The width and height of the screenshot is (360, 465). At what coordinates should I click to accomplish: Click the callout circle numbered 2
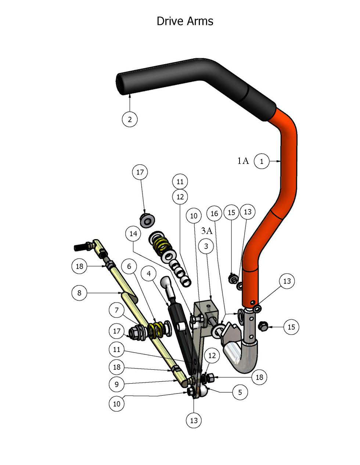[x=130, y=119]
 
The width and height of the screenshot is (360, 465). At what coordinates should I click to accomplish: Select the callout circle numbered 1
[x=262, y=161]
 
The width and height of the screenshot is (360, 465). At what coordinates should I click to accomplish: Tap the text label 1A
[x=243, y=161]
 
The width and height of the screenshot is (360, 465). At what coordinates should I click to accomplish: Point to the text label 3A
[x=207, y=231]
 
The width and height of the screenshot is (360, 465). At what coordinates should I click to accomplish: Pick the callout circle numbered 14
[x=133, y=233]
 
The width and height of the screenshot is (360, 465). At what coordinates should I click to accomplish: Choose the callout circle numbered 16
[x=215, y=213]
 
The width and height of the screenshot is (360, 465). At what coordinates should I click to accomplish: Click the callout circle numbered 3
[x=206, y=246]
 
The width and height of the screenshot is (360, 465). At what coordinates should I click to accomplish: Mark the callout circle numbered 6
[x=129, y=267]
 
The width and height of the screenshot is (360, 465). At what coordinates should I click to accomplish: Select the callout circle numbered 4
[x=149, y=274]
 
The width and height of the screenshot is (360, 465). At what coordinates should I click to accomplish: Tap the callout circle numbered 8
[x=80, y=293]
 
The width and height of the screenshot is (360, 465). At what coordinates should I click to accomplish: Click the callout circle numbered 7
[x=117, y=311]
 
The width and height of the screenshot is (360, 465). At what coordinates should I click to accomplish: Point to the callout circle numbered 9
[x=117, y=384]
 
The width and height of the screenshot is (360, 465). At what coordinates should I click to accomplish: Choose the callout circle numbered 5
[x=240, y=392]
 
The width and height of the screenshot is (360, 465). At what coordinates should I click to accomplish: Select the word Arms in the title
[x=200, y=21]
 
